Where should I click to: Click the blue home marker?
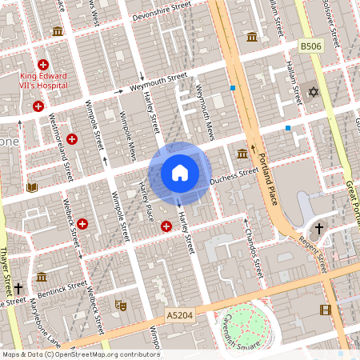pos(180,172)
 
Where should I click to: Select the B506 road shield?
pos(311,48)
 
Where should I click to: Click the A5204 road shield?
pos(179,317)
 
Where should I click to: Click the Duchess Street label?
pos(234,177)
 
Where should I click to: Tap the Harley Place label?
pos(146,203)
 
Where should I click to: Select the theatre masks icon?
pos(121,305)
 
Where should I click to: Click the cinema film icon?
pos(325,310)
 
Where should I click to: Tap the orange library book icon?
pos(32,188)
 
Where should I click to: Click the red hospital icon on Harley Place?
pos(166,226)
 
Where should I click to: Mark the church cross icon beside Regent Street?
pos(318,230)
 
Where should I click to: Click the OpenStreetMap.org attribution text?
pos(116,354)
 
